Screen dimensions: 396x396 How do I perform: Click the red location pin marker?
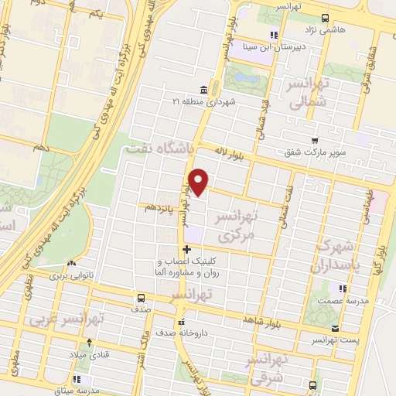point(200,181)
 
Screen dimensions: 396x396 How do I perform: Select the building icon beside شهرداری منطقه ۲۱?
point(203,89)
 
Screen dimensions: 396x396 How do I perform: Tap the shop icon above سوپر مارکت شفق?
point(314,140)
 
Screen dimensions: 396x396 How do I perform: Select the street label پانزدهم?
point(158,207)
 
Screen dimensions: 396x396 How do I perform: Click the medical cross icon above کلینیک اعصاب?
point(186,249)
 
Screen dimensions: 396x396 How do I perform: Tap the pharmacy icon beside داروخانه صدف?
point(180,323)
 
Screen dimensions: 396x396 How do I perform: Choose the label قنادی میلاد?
point(90,354)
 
